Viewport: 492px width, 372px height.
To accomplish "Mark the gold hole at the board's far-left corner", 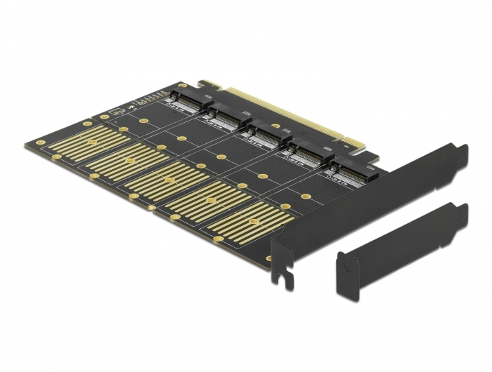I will [x=41, y=142].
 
